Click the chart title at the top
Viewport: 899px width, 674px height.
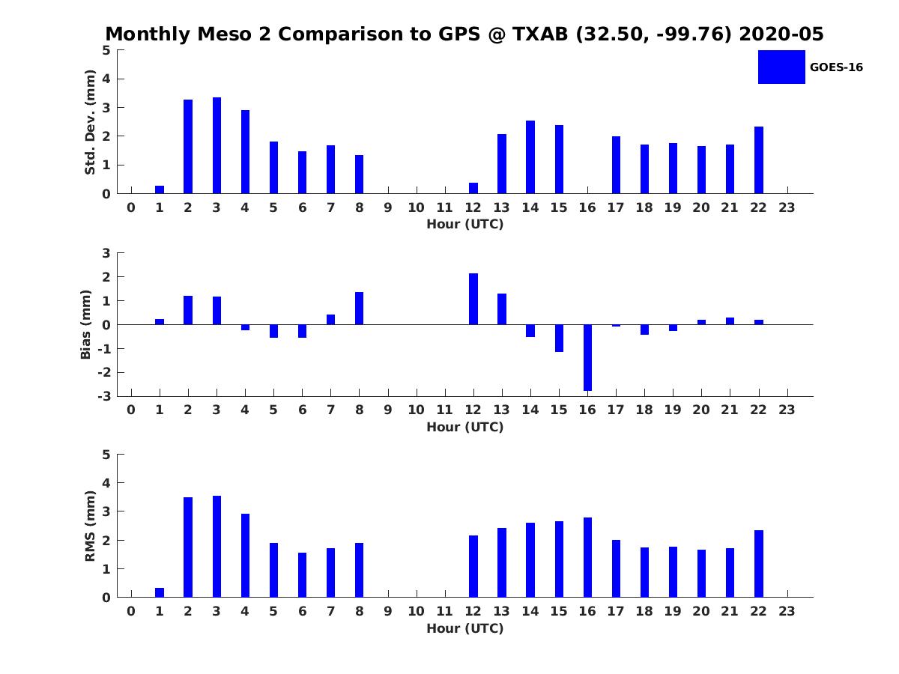point(464,34)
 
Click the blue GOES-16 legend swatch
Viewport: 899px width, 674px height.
point(781,67)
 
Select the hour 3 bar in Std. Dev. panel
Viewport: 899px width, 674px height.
point(217,145)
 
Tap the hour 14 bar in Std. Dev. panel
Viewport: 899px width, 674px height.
point(530,157)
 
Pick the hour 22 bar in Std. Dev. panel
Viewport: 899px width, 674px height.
point(759,160)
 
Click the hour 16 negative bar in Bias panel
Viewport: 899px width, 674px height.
point(587,357)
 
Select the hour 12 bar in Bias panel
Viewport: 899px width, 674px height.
point(473,299)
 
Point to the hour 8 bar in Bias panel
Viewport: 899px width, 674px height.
point(360,308)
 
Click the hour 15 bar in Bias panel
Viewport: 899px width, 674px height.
point(559,338)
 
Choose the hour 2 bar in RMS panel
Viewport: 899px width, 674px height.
point(188,547)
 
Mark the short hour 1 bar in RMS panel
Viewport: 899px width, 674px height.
point(160,592)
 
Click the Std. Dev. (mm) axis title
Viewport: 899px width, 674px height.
point(90,122)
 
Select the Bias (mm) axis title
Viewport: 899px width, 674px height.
point(86,324)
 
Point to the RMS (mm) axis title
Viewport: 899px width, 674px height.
point(90,526)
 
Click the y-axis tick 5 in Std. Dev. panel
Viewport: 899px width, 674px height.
point(107,50)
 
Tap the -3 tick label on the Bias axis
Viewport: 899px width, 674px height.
point(105,397)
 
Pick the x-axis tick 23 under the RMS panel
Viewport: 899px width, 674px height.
point(787,612)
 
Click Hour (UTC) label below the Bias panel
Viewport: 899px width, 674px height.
point(464,427)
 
